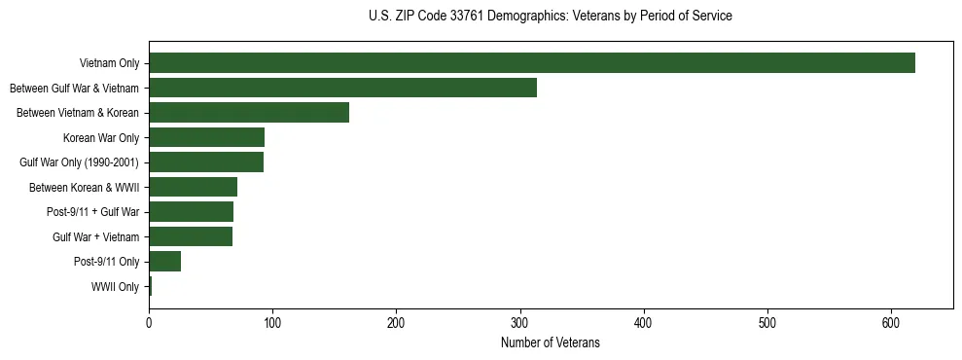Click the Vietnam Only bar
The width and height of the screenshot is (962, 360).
531,63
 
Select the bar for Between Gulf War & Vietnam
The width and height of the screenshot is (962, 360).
342,88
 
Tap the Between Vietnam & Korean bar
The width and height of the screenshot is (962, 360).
249,113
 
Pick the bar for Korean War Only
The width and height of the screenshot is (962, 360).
206,137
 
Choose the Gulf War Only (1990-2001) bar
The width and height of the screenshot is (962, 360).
206,162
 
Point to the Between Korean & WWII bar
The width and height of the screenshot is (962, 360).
193,187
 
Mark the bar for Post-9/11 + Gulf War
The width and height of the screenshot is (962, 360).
191,212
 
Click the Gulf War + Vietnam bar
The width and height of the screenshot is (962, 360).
191,236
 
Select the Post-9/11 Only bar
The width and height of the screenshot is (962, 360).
164,262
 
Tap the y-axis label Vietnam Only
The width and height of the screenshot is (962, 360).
108,64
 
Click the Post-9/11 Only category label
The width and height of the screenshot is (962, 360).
107,262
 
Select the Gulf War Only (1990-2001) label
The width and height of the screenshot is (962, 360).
80,162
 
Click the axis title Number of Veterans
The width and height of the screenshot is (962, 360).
550,343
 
